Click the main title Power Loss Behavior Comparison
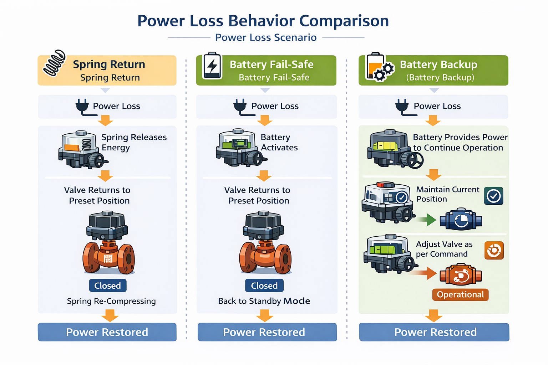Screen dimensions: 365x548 pyautogui.click(x=263, y=21)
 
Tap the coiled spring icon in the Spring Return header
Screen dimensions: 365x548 pyautogui.click(x=54, y=63)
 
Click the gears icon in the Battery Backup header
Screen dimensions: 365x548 pyautogui.click(x=384, y=71)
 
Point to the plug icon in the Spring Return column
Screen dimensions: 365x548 pyautogui.click(x=82, y=107)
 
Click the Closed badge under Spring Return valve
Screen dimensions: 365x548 pyautogui.click(x=107, y=286)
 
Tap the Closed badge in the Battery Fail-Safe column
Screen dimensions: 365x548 pyautogui.click(x=264, y=286)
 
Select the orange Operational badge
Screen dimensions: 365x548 pyautogui.click(x=460, y=294)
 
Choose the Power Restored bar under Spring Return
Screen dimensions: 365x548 pyautogui.click(x=107, y=332)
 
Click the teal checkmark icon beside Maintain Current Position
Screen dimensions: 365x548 pyautogui.click(x=494, y=196)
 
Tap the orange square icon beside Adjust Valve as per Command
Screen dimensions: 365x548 pyautogui.click(x=494, y=250)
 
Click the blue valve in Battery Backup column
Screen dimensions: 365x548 pyautogui.click(x=461, y=219)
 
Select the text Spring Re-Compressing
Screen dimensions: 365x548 pyautogui.click(x=111, y=301)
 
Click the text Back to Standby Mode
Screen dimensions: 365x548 pyautogui.click(x=264, y=301)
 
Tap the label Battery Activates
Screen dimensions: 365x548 pyautogui.click(x=279, y=142)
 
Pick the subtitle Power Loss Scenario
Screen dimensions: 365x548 pyautogui.click(x=266, y=37)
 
